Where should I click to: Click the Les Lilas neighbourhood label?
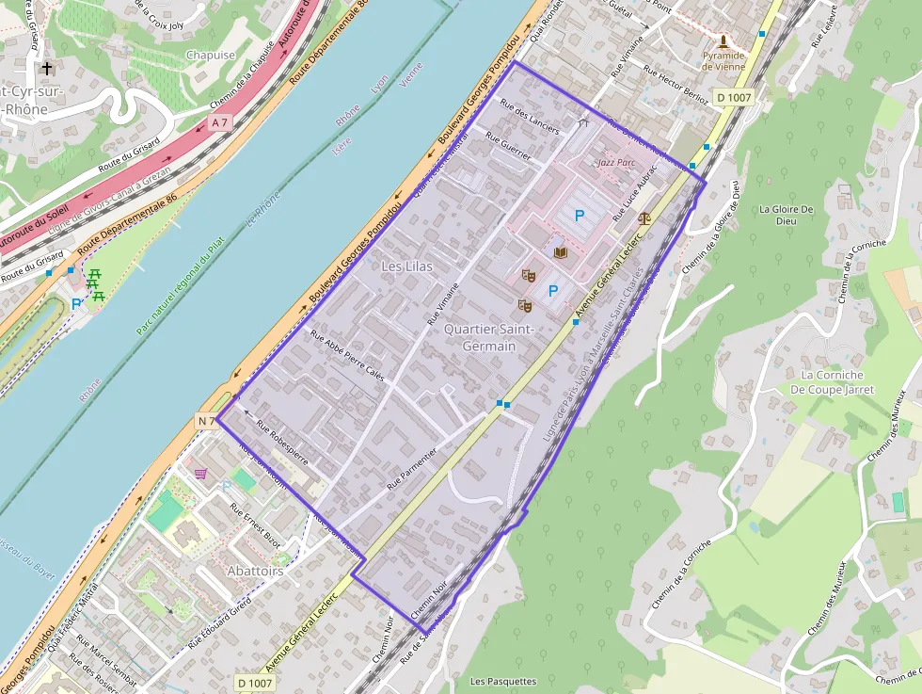tap(407, 266)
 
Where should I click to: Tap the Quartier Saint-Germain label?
tap(488, 337)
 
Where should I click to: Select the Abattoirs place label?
tap(255, 572)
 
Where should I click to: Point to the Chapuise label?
tap(211, 55)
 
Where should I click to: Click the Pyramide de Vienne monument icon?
tap(723, 41)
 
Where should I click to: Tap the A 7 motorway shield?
tap(220, 122)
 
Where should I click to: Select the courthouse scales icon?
tap(644, 217)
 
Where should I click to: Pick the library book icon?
tap(561, 253)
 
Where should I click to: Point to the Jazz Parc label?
tap(617, 163)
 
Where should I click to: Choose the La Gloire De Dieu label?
tap(778, 215)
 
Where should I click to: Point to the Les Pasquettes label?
tap(502, 681)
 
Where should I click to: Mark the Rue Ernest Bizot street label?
tap(255, 525)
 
